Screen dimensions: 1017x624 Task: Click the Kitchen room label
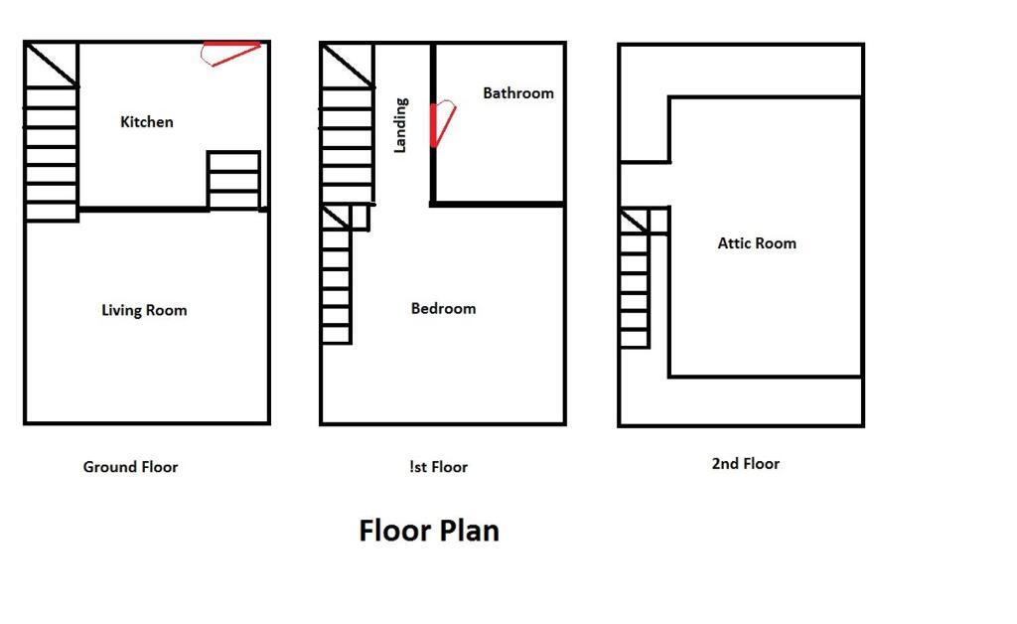click(x=147, y=122)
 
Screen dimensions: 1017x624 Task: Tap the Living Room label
click(x=144, y=310)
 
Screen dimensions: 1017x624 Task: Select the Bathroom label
click(x=518, y=93)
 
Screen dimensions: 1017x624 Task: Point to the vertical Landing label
click(x=401, y=125)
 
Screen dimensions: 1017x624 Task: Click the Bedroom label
click(x=443, y=308)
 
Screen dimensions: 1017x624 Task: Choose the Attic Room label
click(x=756, y=243)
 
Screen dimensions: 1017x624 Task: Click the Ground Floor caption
click(x=130, y=467)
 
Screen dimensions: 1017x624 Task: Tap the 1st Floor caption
click(x=438, y=467)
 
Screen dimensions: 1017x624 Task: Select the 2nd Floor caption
click(x=745, y=464)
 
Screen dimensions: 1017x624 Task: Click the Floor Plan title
click(x=429, y=531)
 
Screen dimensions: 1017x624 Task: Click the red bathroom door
click(x=442, y=124)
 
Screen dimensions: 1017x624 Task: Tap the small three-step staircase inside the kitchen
click(x=234, y=181)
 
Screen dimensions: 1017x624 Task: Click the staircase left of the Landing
click(x=347, y=123)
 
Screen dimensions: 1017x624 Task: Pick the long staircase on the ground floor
click(x=52, y=132)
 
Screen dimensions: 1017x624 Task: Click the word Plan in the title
click(x=469, y=531)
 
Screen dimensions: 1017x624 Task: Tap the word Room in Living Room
click(x=167, y=310)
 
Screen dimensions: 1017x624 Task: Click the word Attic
click(x=734, y=243)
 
